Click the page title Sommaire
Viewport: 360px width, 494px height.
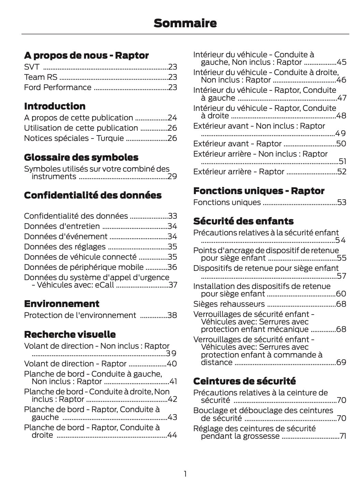[185, 23]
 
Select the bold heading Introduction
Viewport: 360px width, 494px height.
[55, 106]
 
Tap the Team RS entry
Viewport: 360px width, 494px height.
[41, 77]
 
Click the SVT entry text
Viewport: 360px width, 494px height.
[32, 67]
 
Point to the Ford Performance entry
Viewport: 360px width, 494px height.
[58, 87]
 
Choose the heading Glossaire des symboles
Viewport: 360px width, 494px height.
[81, 157]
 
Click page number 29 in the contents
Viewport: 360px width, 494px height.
[172, 176]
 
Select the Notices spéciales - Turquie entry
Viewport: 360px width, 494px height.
[74, 138]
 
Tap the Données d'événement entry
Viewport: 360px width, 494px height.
[66, 236]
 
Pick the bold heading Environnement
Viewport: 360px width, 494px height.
[62, 304]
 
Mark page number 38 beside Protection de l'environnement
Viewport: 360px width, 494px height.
[172, 315]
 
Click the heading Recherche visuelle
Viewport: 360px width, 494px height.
[70, 334]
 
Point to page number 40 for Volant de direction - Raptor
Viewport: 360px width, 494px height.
[172, 364]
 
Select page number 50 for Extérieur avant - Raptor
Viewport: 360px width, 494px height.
[341, 144]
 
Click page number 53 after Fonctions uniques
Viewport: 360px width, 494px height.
[342, 202]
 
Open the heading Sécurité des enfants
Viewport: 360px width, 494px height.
[243, 221]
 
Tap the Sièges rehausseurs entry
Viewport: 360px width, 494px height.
[229, 304]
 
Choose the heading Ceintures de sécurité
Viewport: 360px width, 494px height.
[244, 381]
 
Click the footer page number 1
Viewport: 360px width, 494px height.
[185, 474]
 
